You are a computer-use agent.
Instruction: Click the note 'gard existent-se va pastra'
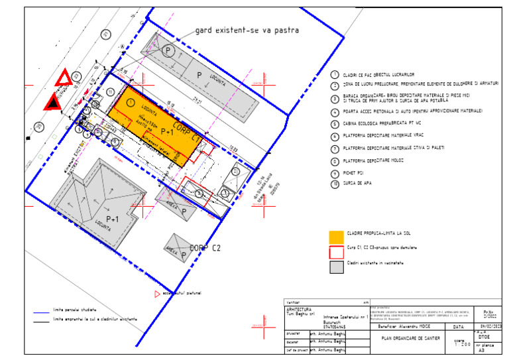click(247, 30)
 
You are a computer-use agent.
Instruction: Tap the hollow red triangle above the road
click(64, 78)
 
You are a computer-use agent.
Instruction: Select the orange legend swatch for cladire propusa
click(337, 235)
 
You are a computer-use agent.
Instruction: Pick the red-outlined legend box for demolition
click(337, 250)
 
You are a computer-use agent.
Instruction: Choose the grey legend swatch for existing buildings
click(337, 266)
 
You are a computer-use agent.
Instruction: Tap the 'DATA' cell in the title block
click(458, 327)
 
